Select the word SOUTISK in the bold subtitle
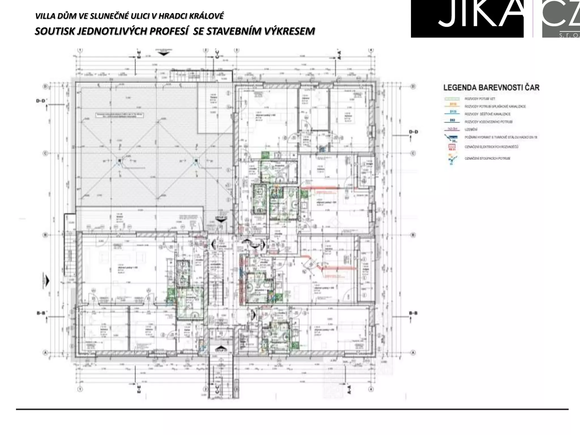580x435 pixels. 55,31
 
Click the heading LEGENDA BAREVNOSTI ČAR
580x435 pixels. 491,88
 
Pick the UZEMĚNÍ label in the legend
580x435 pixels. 471,129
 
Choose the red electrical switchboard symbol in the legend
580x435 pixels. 452,147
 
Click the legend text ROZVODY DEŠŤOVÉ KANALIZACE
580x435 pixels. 487,114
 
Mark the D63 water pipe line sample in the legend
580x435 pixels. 452,121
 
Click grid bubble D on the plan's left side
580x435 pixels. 45,86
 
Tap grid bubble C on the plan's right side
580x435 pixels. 413,153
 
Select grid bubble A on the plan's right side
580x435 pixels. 413,353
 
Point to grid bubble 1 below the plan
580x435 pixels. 80,389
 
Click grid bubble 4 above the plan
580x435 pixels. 371,50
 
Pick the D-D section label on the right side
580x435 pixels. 413,132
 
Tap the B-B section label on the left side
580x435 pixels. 41,313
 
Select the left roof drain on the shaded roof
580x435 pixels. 120,161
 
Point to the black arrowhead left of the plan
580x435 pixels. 47,281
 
